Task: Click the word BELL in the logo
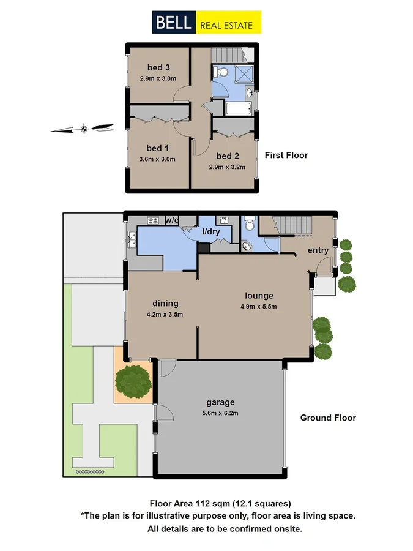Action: coord(174,23)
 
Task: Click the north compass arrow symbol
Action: coord(83,129)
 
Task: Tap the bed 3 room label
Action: coord(157,67)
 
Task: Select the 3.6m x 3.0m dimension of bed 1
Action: coord(157,159)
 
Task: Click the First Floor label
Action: coord(286,156)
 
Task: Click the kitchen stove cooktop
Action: coord(152,220)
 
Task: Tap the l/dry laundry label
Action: coord(212,232)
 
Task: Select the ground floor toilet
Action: coord(248,225)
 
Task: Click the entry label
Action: coord(318,250)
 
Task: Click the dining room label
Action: coord(165,303)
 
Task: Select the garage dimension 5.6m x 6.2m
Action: coord(220,413)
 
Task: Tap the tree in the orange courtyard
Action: coord(133,380)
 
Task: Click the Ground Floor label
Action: coord(327,418)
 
